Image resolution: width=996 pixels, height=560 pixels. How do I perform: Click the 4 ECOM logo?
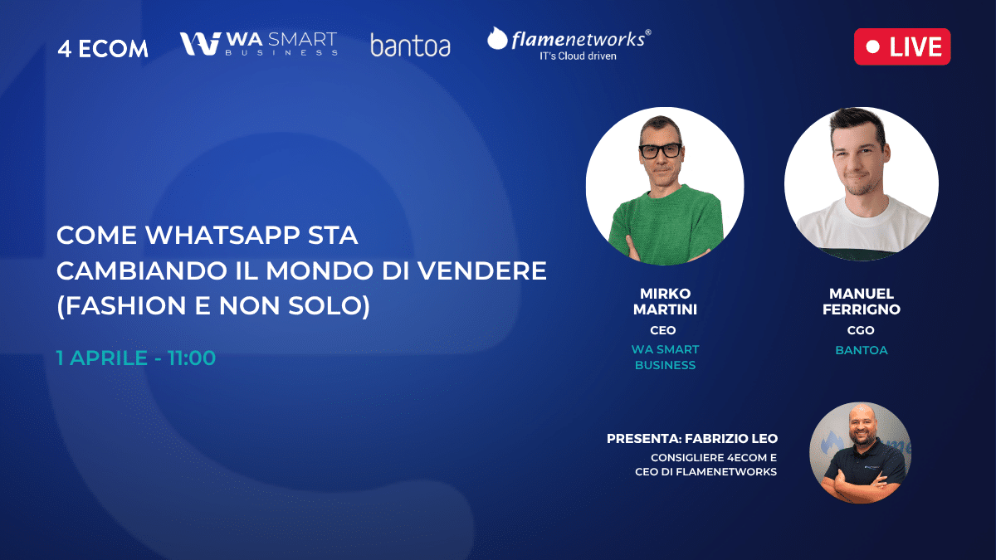[x=103, y=48]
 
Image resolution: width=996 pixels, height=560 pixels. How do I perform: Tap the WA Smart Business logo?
[x=258, y=43]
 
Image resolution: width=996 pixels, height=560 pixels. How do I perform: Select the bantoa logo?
[x=410, y=46]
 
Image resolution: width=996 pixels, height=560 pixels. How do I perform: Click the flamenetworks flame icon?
[x=497, y=38]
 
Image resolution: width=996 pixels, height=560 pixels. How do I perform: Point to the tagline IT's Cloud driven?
[x=578, y=56]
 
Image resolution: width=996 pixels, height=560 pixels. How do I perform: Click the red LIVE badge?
[x=902, y=46]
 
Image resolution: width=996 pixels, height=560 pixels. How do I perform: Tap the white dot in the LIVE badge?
[x=873, y=46]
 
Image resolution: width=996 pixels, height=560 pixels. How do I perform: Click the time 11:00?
[x=192, y=358]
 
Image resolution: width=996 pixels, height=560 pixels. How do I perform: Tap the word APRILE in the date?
[x=109, y=358]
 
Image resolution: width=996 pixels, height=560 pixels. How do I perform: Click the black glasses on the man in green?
[x=661, y=151]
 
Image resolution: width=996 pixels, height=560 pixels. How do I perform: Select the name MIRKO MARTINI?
[x=665, y=301]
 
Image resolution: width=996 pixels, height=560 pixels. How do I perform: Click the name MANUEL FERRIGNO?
[x=862, y=301]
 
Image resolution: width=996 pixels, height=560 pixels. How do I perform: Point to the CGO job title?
[x=861, y=330]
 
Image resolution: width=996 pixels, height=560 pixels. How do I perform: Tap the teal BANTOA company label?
[x=862, y=350]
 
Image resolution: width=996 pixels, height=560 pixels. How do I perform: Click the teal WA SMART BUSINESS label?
[x=665, y=358]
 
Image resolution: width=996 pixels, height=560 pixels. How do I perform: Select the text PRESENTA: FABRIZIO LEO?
[x=692, y=439]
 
